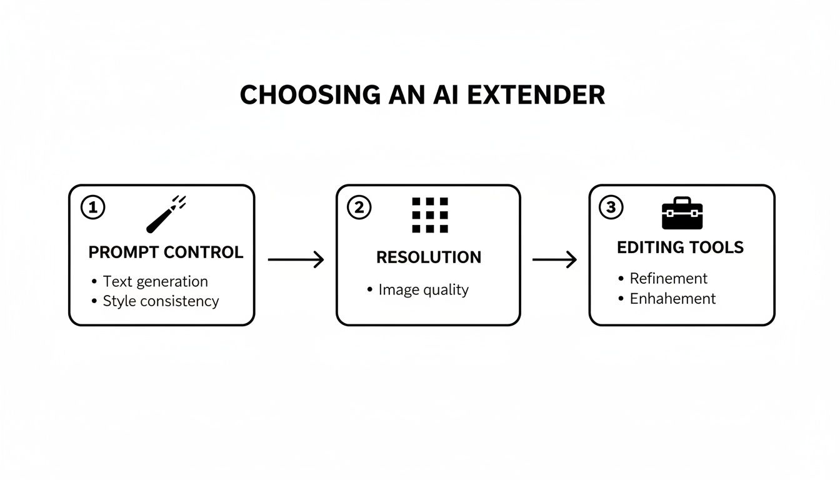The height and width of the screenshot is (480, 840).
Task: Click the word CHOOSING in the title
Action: click(x=309, y=95)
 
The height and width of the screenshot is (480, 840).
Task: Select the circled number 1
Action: click(x=93, y=207)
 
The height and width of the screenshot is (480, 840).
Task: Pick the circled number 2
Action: click(x=359, y=207)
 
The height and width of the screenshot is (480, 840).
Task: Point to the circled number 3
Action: click(x=611, y=207)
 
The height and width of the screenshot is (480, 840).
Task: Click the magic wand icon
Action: click(x=165, y=214)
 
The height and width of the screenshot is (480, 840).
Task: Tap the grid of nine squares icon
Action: click(x=430, y=215)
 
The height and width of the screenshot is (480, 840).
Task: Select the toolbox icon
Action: click(x=682, y=213)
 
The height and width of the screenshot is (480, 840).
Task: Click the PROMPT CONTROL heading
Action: click(x=166, y=252)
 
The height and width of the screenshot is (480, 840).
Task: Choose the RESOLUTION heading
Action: click(x=429, y=257)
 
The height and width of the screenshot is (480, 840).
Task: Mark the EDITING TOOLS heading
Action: click(x=680, y=247)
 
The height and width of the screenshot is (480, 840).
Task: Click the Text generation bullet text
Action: click(x=155, y=281)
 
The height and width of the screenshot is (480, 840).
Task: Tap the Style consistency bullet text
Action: click(x=161, y=301)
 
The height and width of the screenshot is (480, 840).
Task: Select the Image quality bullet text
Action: click(x=423, y=290)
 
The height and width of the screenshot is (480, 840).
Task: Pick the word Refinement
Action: click(x=668, y=278)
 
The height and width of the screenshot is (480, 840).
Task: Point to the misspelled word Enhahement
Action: click(x=672, y=299)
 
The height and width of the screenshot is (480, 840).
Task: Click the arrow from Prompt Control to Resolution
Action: click(x=296, y=259)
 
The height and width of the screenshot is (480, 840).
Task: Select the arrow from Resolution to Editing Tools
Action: click(x=554, y=259)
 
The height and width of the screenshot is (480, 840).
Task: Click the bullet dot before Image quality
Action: click(x=369, y=289)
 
